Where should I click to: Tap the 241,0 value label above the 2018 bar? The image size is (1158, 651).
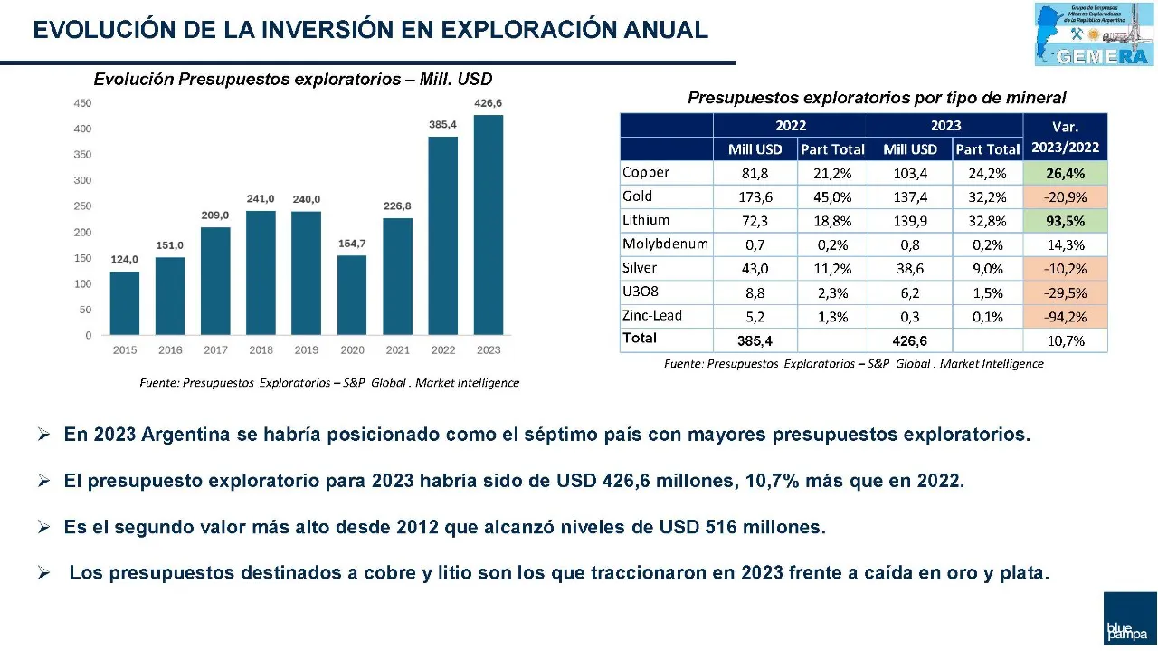pyautogui.click(x=261, y=199)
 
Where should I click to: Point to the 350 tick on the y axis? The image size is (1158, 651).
pyautogui.click(x=82, y=155)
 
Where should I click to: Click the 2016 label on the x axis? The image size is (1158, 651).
pyautogui.click(x=170, y=350)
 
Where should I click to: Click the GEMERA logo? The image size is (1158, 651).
pyautogui.click(x=1095, y=34)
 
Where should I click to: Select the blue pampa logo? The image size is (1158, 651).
pyautogui.click(x=1129, y=619)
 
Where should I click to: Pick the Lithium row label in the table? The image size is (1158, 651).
pyautogui.click(x=646, y=220)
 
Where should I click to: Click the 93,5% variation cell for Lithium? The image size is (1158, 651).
pyautogui.click(x=1065, y=221)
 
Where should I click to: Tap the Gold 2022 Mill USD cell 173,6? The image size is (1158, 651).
pyautogui.click(x=755, y=196)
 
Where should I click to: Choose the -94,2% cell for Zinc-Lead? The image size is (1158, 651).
pyautogui.click(x=1065, y=317)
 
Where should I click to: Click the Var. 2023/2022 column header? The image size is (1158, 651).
pyautogui.click(x=1065, y=138)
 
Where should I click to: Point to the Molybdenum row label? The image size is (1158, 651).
pyautogui.click(x=665, y=244)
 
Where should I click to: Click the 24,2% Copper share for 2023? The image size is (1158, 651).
pyautogui.click(x=987, y=172)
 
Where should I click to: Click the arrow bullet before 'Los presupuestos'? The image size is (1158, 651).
pyautogui.click(x=43, y=573)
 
